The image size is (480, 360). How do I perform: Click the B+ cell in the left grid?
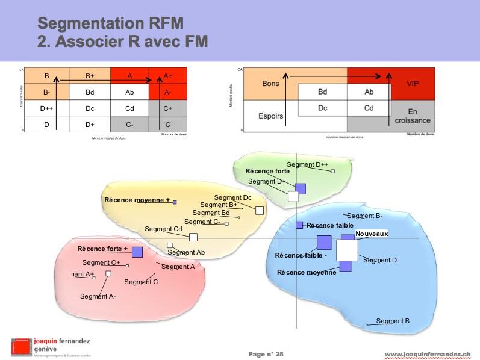90,76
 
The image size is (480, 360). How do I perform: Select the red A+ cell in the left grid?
168,76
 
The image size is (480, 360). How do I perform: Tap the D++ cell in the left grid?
47,108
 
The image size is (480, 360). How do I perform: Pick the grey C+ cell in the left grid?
168,108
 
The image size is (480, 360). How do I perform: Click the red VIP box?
413,84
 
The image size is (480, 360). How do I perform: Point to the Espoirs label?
270,116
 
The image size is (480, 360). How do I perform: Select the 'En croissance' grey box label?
413,116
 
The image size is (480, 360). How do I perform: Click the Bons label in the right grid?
270,84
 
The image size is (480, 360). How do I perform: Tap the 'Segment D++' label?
307,164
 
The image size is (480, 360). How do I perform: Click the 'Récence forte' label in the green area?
267,171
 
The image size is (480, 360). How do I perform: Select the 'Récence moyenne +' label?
137,200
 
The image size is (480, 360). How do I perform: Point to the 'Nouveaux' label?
372,234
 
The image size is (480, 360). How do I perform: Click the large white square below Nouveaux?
347,250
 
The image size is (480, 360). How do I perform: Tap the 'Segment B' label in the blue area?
393,321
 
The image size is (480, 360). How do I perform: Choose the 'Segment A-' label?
98,296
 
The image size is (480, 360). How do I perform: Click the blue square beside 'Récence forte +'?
137,252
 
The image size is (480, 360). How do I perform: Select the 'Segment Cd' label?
163,229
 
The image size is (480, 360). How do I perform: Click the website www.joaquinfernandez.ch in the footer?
427,354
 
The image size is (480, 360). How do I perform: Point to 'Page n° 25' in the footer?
266,354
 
